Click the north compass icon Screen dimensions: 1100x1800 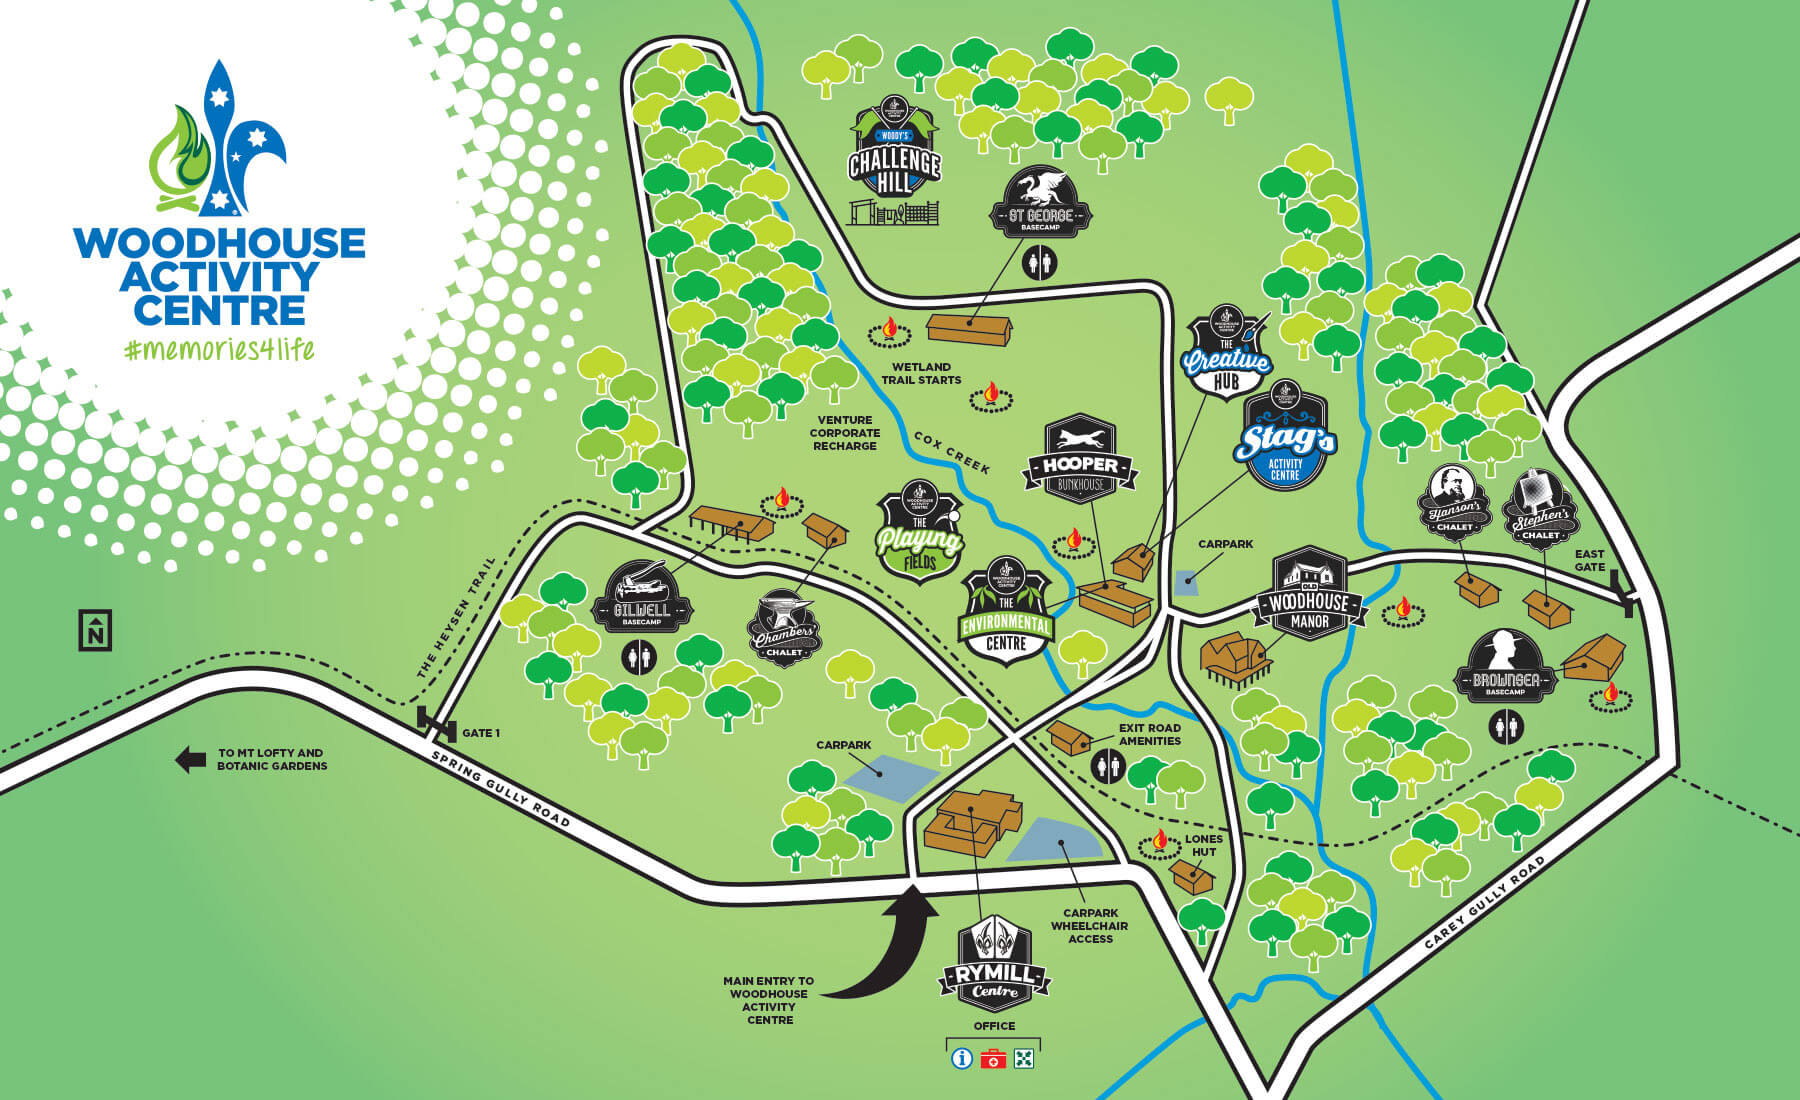click(x=95, y=630)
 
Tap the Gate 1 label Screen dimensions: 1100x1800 click(x=480, y=733)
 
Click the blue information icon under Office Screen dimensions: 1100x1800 click(x=962, y=1058)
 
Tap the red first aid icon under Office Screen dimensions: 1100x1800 click(x=993, y=1059)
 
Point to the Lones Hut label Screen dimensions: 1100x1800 click(x=1204, y=845)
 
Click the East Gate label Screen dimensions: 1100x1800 click(x=1589, y=560)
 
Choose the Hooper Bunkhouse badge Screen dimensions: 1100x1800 click(x=1080, y=460)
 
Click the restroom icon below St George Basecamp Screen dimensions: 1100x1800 click(x=1041, y=263)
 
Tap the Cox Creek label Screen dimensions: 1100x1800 click(x=951, y=453)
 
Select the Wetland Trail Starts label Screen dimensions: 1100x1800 click(x=921, y=373)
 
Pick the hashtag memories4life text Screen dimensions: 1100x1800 click(x=220, y=349)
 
